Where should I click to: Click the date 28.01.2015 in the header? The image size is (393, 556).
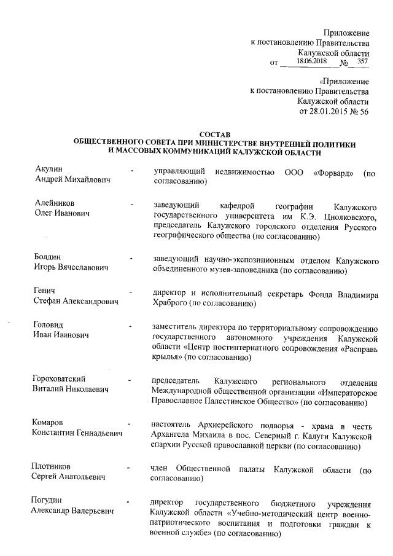click(x=330, y=112)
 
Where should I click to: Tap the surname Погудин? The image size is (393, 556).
click(x=48, y=499)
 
